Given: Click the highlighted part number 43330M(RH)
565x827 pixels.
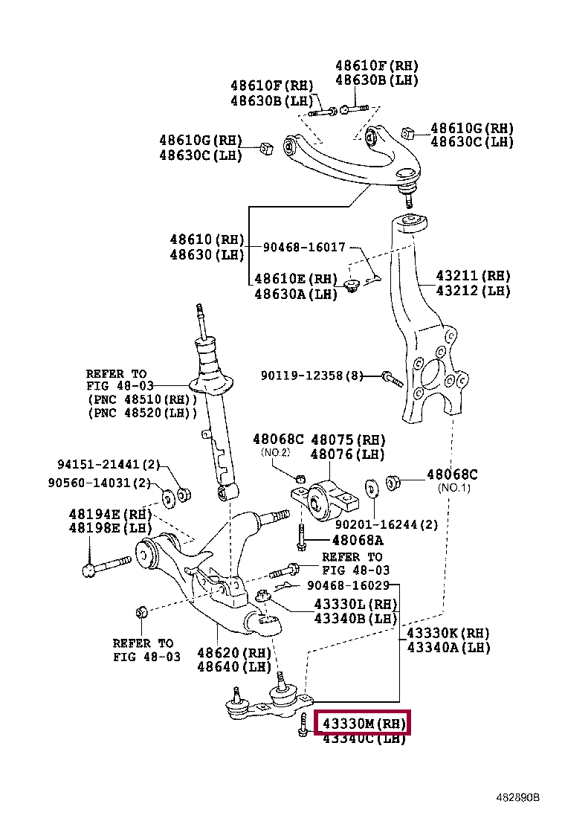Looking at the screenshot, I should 362,723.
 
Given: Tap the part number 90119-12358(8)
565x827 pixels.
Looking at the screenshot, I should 311,376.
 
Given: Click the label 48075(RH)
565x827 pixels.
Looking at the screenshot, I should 348,440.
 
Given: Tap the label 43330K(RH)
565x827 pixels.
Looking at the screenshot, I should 448,634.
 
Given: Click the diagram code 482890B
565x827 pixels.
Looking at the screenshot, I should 518,797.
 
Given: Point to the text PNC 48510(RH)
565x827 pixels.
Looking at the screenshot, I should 142,399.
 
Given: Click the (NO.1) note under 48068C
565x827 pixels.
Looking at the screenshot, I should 455,488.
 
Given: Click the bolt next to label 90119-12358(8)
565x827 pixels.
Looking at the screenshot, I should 391,379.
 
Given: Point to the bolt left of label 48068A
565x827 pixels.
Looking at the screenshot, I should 301,538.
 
